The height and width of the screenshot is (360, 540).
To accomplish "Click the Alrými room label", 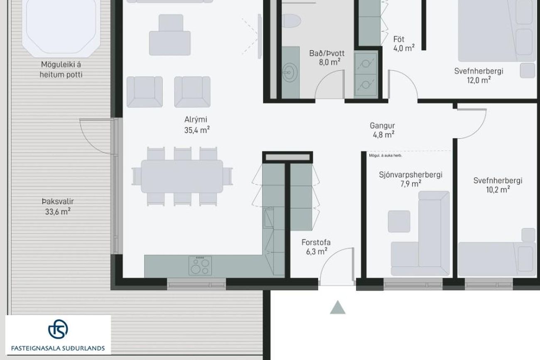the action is click(196, 120).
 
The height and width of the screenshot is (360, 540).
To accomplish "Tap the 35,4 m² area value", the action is click(197, 130).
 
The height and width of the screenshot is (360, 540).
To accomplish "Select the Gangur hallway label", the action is click(382, 126).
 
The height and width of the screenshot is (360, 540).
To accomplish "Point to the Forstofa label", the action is click(316, 242).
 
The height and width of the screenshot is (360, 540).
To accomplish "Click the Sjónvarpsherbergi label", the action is click(410, 175).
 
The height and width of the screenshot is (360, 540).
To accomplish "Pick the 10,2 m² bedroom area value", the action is click(498, 190).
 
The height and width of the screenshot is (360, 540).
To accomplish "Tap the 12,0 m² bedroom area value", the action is click(479, 80).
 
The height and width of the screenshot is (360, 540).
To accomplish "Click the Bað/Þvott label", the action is click(327, 53).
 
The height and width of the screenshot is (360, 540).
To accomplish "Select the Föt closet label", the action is click(399, 39).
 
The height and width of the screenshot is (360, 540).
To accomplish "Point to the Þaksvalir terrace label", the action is click(58, 201).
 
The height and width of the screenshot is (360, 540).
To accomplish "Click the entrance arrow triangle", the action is click(337, 307).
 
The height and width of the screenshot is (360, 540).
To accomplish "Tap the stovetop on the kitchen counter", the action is click(200, 266).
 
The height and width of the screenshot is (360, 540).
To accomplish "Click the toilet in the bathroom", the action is click(291, 21).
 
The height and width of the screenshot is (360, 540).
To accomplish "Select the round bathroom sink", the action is click(290, 72).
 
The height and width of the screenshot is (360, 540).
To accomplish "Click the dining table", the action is click(182, 176).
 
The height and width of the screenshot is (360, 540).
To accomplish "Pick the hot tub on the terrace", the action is click(61, 27).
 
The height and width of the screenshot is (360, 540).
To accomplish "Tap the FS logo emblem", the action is click(58, 329).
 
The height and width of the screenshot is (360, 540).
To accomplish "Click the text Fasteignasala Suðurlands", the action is click(58, 348).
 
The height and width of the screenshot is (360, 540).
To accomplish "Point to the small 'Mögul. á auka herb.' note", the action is click(385, 156).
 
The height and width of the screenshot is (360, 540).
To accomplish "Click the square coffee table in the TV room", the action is click(399, 221).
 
